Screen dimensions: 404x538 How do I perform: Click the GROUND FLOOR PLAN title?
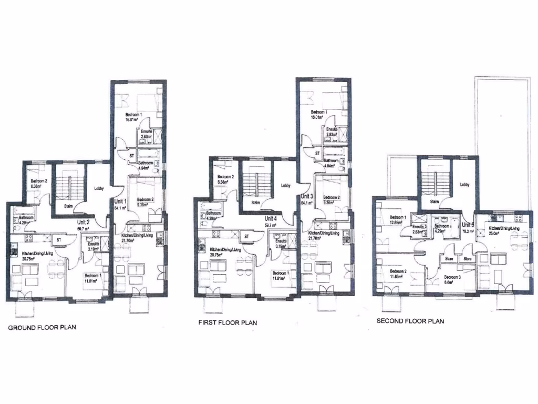(42, 327)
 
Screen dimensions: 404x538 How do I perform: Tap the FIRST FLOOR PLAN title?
(227, 322)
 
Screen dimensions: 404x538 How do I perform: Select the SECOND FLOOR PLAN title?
(410, 321)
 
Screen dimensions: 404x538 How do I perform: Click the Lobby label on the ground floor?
(99, 189)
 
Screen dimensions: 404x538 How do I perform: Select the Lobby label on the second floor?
(465, 185)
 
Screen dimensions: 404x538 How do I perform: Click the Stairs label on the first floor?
(255, 202)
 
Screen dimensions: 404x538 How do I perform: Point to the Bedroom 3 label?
(452, 277)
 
